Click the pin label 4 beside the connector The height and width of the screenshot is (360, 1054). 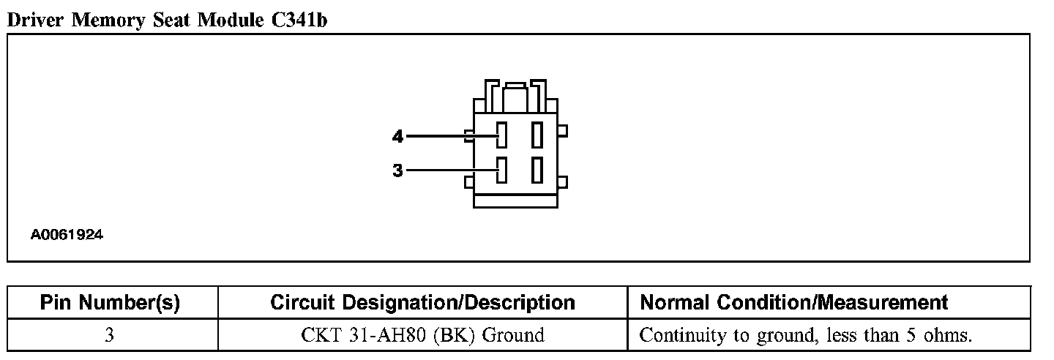tap(397, 136)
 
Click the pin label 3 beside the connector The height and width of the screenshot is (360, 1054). tap(397, 171)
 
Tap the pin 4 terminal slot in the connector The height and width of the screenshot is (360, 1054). tap(501, 135)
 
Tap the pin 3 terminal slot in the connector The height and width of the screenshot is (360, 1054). tap(501, 170)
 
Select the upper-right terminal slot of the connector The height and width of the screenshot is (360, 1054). tap(537, 135)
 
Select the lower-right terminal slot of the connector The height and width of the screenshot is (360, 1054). tap(537, 170)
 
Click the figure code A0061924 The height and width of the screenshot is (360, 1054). tap(67, 236)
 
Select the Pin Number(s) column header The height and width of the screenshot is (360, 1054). tap(110, 302)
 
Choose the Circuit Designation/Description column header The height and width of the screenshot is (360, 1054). tap(422, 302)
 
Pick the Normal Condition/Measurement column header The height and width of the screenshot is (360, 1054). tap(794, 302)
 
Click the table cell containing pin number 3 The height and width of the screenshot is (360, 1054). tap(110, 336)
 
